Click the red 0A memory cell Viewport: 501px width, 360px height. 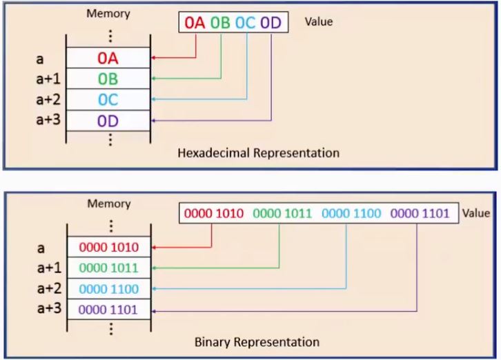pos(108,58)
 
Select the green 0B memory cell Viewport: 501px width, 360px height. pos(108,79)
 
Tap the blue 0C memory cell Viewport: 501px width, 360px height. pos(108,100)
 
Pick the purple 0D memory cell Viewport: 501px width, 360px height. pos(108,121)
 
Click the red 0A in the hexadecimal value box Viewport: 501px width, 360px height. pos(195,23)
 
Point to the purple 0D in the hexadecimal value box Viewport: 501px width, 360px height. pos(271,23)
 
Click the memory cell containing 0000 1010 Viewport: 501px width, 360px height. pos(109,247)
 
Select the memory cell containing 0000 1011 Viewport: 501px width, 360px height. pos(109,268)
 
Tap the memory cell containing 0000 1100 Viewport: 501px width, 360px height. pos(109,288)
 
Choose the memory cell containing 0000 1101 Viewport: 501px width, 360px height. pos(109,310)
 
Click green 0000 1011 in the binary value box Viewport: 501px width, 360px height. pos(282,214)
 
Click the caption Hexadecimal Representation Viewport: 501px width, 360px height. pos(258,152)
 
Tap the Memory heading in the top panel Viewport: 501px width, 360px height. pos(108,14)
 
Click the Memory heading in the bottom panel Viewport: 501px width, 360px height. pos(109,203)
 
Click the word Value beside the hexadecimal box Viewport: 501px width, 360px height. pos(318,21)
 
